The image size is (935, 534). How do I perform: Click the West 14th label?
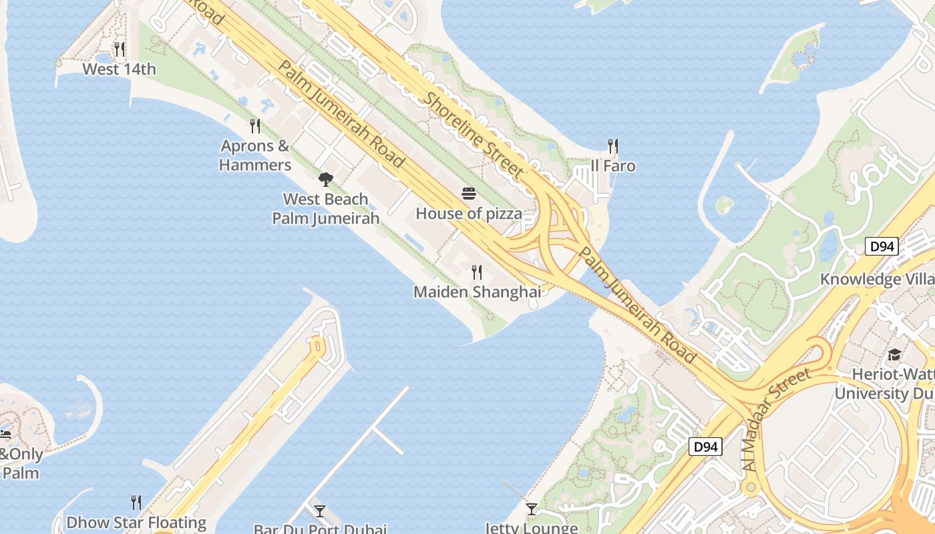[x=119, y=69]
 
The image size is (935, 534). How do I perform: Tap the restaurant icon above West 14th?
[x=120, y=49]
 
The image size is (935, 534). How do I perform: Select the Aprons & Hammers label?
[x=255, y=156]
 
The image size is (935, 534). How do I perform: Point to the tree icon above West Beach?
[x=325, y=178]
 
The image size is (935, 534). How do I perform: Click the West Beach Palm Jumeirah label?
[x=326, y=209]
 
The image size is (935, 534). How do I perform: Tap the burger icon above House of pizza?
[x=469, y=194]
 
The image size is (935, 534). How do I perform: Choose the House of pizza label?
[x=469, y=214]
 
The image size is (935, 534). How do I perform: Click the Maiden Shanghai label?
[x=478, y=292]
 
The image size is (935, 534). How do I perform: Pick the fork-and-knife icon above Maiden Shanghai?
[x=477, y=272]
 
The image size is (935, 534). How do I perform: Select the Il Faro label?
[x=613, y=166]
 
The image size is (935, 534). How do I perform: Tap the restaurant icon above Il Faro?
[x=613, y=146]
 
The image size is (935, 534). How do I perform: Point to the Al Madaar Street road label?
[x=779, y=420]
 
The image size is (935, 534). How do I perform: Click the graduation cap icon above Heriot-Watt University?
[x=894, y=354]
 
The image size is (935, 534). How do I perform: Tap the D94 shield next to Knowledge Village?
[x=882, y=247]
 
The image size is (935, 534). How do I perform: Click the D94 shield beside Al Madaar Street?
[x=705, y=446]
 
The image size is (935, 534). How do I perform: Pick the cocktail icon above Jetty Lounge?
[x=531, y=509]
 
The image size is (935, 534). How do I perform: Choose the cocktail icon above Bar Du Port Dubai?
[x=320, y=511]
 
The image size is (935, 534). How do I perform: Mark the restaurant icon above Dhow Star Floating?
[x=136, y=502]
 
